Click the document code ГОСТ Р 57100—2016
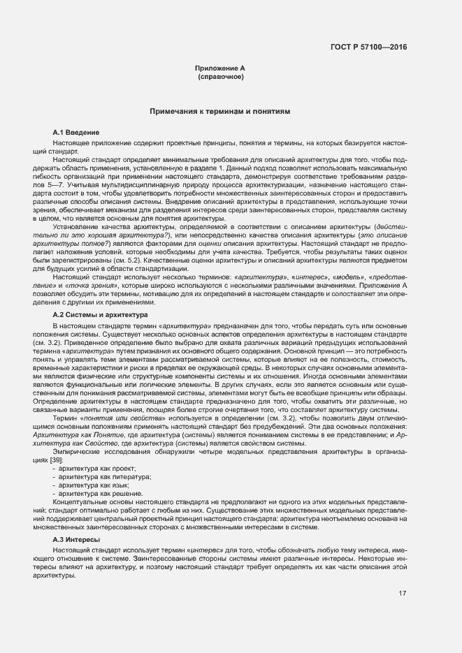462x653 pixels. (368, 47)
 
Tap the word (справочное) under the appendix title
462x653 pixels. (220, 76)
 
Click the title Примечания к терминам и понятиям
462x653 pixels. (219, 112)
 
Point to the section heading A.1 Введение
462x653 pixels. (76, 132)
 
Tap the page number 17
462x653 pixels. (402, 594)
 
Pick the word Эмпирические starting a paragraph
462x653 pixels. (73, 450)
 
